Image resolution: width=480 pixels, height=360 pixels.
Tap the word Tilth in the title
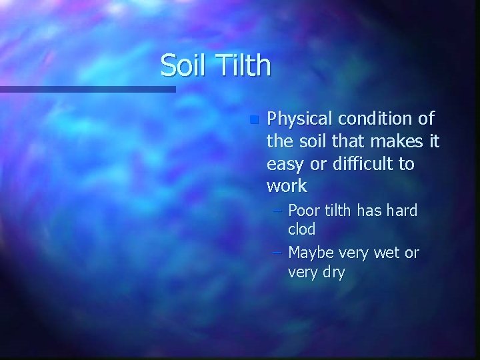[245, 65]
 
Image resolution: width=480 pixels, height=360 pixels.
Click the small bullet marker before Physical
[253, 121]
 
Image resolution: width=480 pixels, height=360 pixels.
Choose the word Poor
[303, 211]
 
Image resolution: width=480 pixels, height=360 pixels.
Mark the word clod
[301, 229]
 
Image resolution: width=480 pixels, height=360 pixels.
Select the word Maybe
[311, 253]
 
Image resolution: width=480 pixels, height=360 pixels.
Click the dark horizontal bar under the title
[87, 89]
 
